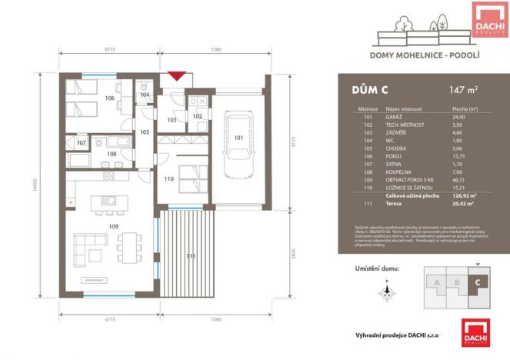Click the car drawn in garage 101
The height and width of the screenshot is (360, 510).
click(x=238, y=145)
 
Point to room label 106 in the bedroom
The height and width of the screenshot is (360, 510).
click(x=110, y=98)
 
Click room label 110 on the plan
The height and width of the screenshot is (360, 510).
click(x=168, y=179)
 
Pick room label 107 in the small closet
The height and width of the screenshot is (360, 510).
click(x=82, y=143)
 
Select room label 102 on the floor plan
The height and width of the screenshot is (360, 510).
click(x=197, y=116)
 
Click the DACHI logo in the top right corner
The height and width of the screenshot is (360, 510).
click(x=487, y=18)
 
